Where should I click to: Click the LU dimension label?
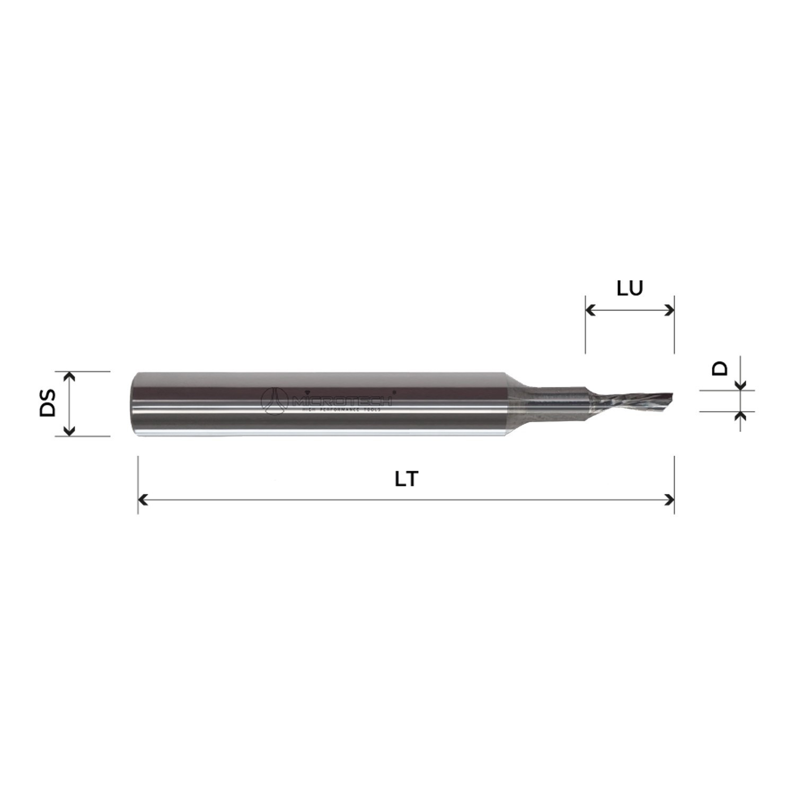pyautogui.click(x=630, y=288)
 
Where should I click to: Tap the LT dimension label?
pyautogui.click(x=407, y=479)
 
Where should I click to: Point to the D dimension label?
pyautogui.click(x=720, y=368)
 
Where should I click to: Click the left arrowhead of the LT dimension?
pyautogui.click(x=142, y=499)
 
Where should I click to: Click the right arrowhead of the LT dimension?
pyautogui.click(x=670, y=499)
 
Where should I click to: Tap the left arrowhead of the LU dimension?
pyautogui.click(x=589, y=310)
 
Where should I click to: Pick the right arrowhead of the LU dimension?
pyautogui.click(x=670, y=310)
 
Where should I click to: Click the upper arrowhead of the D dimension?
pyautogui.click(x=741, y=385)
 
